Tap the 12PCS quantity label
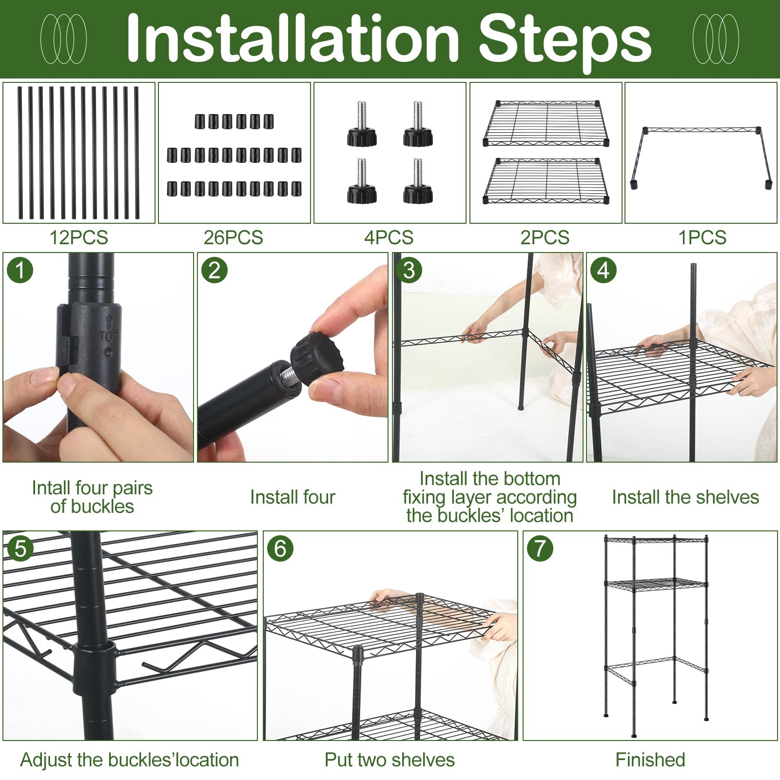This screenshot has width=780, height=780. tap(79, 237)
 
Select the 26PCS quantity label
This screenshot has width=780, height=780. tap(234, 237)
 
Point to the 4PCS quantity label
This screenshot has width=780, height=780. tap(389, 237)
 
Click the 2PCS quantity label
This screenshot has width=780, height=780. tap(545, 237)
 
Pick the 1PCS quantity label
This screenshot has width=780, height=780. tap(702, 237)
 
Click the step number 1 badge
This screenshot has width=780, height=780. tap(20, 270)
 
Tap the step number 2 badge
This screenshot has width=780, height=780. tap(214, 270)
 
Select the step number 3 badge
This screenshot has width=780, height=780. tap(409, 270)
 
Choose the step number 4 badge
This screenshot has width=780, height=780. tap(604, 270)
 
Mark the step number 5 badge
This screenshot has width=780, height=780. tap(20, 548)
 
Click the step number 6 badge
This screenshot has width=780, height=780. tap(280, 548)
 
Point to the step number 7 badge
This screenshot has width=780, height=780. tap(540, 548)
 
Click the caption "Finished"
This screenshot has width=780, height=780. tap(650, 760)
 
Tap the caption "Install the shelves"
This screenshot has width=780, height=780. tap(685, 497)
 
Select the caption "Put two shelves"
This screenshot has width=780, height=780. tap(390, 760)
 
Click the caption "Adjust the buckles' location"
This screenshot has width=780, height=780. tap(130, 760)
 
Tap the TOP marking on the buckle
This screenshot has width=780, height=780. tap(108, 336)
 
